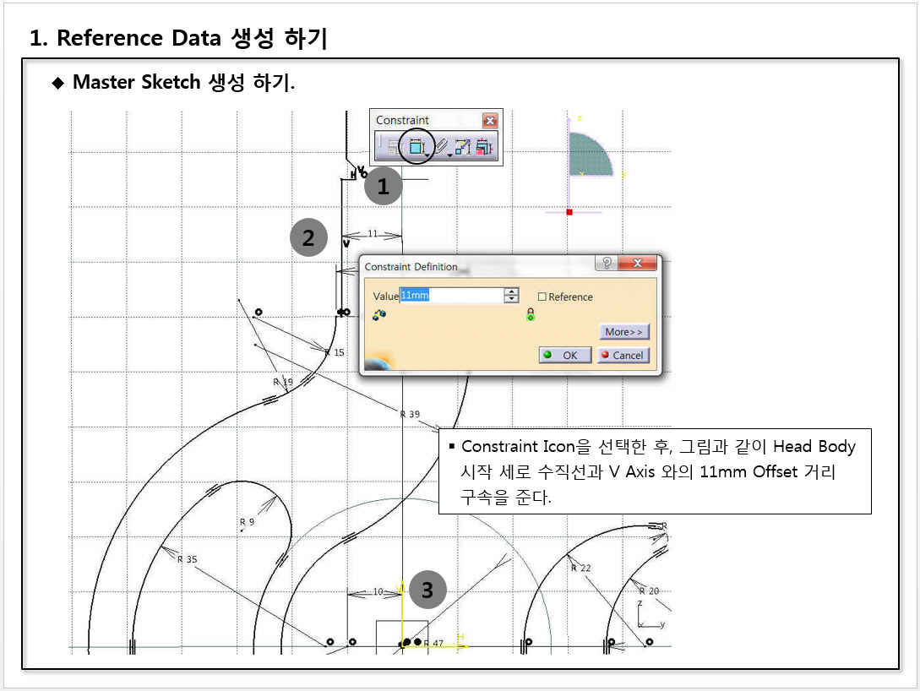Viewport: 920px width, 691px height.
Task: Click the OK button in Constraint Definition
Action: [x=565, y=355]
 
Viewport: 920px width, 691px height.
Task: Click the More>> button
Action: [x=623, y=331]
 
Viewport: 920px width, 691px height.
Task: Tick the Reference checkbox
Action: [x=542, y=297]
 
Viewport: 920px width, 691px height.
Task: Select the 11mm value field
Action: [x=451, y=295]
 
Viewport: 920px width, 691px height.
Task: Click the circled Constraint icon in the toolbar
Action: [x=416, y=147]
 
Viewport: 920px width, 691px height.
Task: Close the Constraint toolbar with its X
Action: [x=490, y=120]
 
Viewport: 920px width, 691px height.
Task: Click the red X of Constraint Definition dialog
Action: [x=637, y=263]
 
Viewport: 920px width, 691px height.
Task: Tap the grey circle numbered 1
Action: [x=384, y=186]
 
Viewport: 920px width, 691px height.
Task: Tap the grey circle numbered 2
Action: [x=308, y=237]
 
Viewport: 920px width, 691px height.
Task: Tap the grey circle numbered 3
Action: [x=427, y=590]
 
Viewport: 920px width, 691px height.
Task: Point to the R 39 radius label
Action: [x=410, y=414]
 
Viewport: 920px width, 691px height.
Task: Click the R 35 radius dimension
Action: [x=188, y=559]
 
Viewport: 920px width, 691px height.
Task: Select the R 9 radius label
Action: [x=247, y=521]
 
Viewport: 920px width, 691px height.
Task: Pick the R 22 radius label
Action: [x=581, y=568]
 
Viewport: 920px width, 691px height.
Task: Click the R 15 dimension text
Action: [x=335, y=352]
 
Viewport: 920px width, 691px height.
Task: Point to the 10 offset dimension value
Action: [x=378, y=591]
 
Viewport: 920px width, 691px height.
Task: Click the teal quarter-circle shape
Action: [x=588, y=154]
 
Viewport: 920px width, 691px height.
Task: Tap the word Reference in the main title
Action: [x=110, y=37]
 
